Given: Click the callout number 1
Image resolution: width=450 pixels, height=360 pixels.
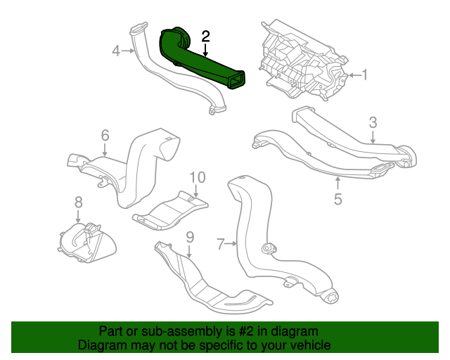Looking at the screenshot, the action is (x=364, y=75).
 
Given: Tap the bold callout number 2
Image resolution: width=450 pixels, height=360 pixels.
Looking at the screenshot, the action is (x=206, y=37).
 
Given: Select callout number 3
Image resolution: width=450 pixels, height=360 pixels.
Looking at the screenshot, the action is (x=373, y=122).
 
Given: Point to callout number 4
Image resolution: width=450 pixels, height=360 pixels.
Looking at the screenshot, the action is (x=116, y=51).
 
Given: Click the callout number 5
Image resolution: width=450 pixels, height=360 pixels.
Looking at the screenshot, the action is (x=338, y=199).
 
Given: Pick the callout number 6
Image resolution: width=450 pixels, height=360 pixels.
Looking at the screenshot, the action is (x=105, y=135).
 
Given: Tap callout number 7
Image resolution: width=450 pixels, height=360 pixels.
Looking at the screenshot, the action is (x=220, y=244).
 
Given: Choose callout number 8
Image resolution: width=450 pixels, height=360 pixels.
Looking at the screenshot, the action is (x=78, y=202).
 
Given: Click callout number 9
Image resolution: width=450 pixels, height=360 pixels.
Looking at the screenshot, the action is (x=190, y=237).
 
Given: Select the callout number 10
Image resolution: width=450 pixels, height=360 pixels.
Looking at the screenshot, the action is (x=198, y=177).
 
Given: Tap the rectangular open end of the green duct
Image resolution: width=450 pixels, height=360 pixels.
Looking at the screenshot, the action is (x=236, y=79).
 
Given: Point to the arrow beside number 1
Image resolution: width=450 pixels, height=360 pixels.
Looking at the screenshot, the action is (x=354, y=75).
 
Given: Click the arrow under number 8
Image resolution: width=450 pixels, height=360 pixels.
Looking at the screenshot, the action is (x=78, y=216).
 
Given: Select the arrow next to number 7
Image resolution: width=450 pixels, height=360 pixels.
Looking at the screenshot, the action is (x=231, y=244).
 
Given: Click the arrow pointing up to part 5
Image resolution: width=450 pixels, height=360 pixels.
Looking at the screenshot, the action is (x=338, y=184).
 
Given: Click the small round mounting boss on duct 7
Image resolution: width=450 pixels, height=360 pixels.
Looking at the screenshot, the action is (x=269, y=249).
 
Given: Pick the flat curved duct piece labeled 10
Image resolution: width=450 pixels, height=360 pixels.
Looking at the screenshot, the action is (x=170, y=211).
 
